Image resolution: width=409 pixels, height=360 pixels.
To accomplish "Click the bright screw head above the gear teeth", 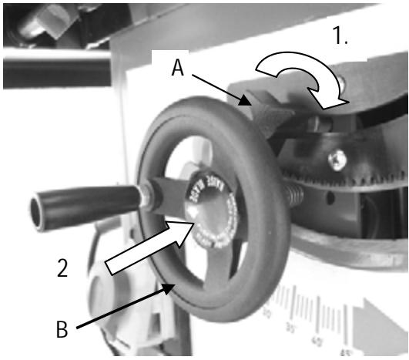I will pos(337,161).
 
